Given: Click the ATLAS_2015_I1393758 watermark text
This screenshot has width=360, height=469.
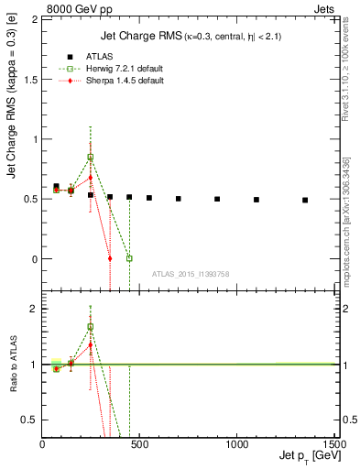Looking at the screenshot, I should coord(190,274).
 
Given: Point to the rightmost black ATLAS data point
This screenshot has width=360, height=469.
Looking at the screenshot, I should coord(305,200).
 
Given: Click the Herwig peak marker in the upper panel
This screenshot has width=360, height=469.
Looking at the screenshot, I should coord(90,157).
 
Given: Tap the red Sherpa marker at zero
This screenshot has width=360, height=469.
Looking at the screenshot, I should coord(110,258).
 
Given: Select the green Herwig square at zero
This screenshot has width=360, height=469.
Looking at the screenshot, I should coord(129,258).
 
